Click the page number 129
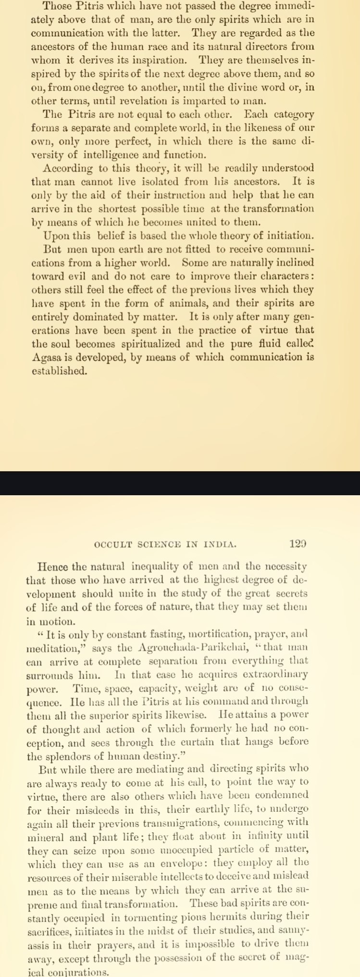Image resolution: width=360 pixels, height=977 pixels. click(298, 544)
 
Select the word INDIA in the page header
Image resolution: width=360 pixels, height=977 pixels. click(220, 545)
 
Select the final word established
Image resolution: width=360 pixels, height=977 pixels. click(52, 371)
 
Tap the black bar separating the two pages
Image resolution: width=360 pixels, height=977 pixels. click(180, 483)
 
